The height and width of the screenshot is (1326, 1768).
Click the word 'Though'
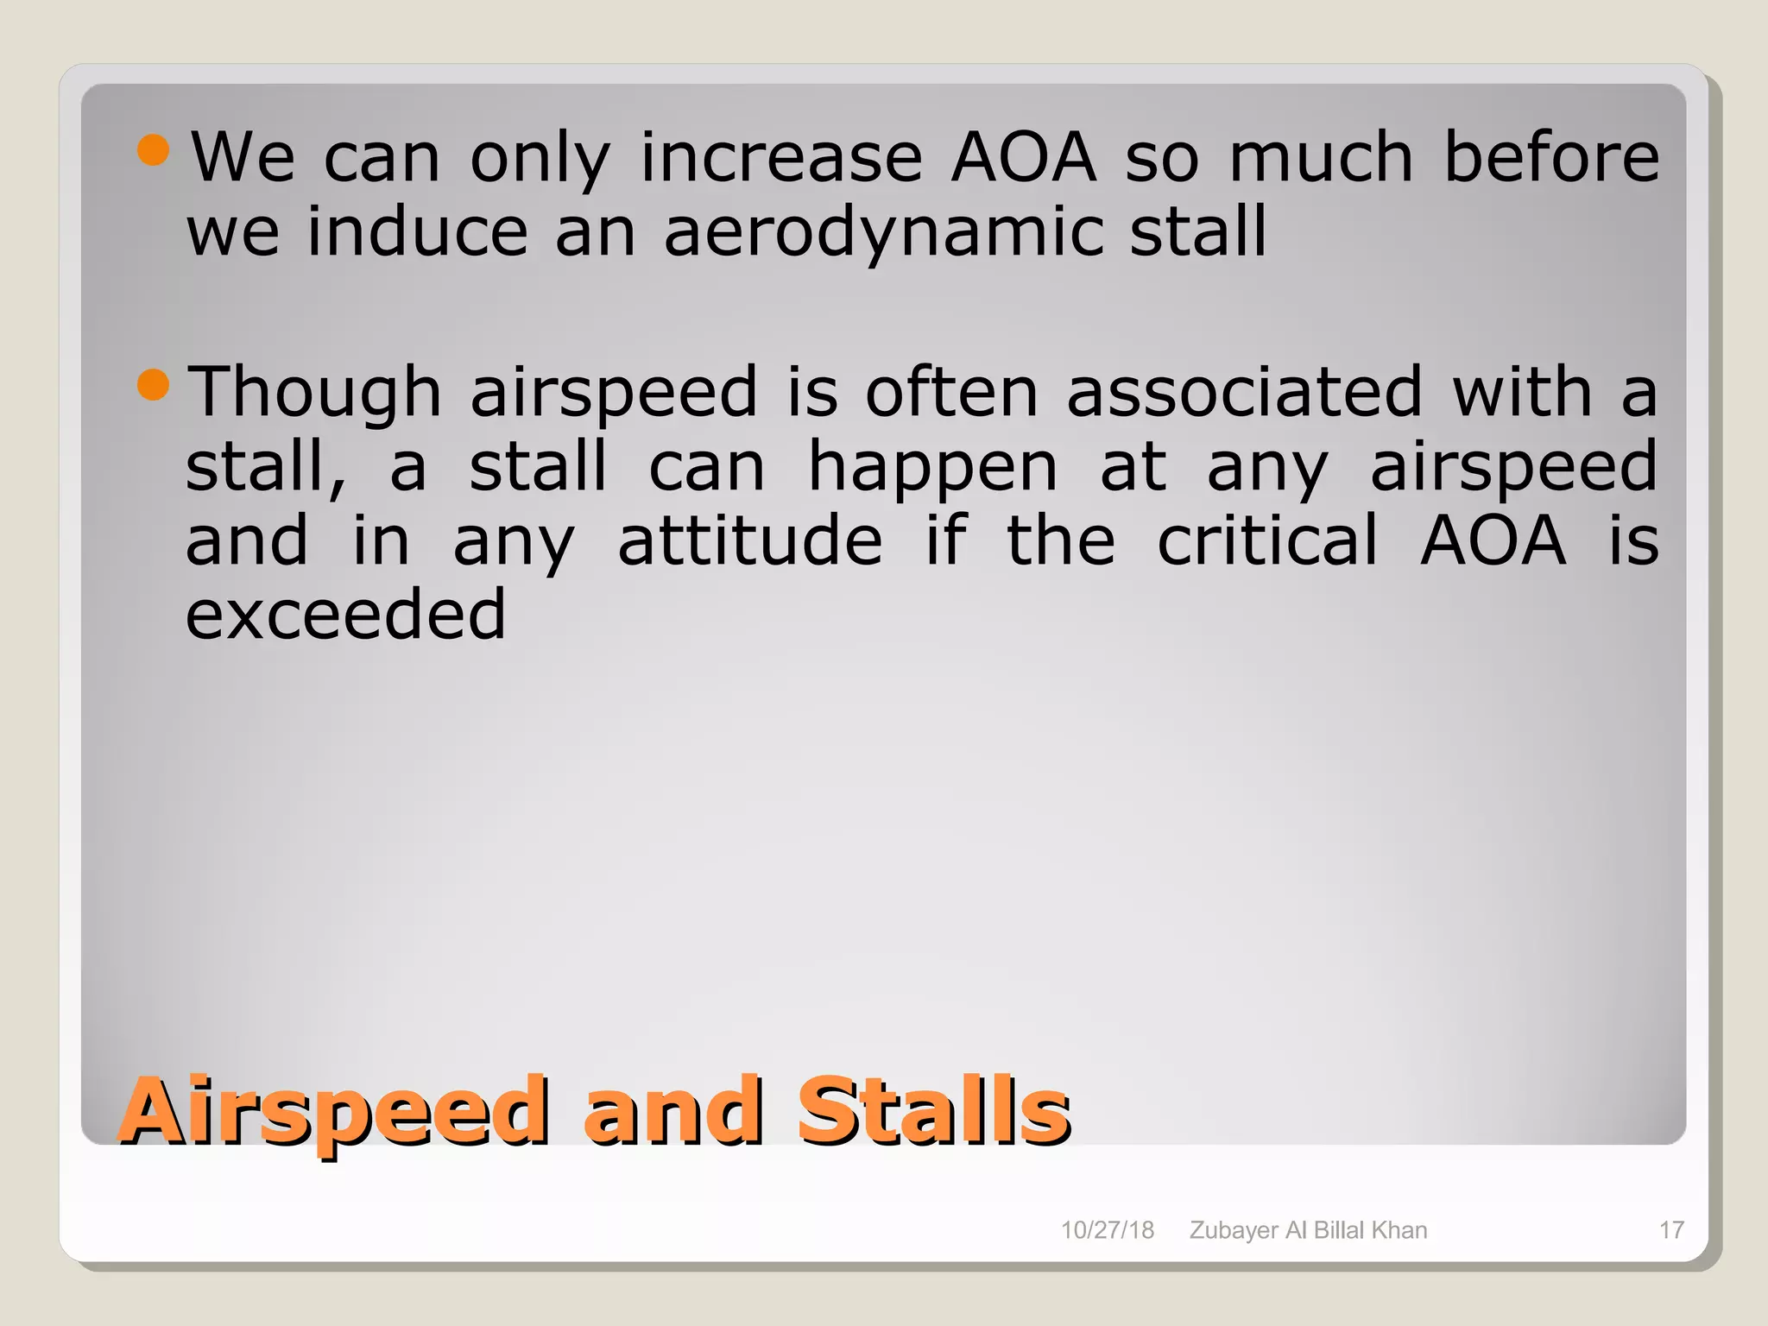(315, 393)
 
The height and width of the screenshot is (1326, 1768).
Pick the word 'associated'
(1244, 393)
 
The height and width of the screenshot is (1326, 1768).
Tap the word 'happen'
(932, 468)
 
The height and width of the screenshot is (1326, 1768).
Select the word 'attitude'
(750, 541)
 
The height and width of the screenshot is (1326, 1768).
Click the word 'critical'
(1267, 541)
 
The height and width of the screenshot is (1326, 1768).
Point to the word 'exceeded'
(346, 615)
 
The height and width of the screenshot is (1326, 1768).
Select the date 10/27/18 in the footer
(1107, 1230)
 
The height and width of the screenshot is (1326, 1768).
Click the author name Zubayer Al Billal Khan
(1308, 1230)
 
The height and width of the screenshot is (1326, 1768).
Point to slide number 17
(1671, 1230)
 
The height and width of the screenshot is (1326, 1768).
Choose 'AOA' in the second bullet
(1493, 541)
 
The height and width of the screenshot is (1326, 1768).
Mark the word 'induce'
(418, 231)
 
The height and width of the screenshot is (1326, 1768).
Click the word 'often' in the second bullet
(952, 393)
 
